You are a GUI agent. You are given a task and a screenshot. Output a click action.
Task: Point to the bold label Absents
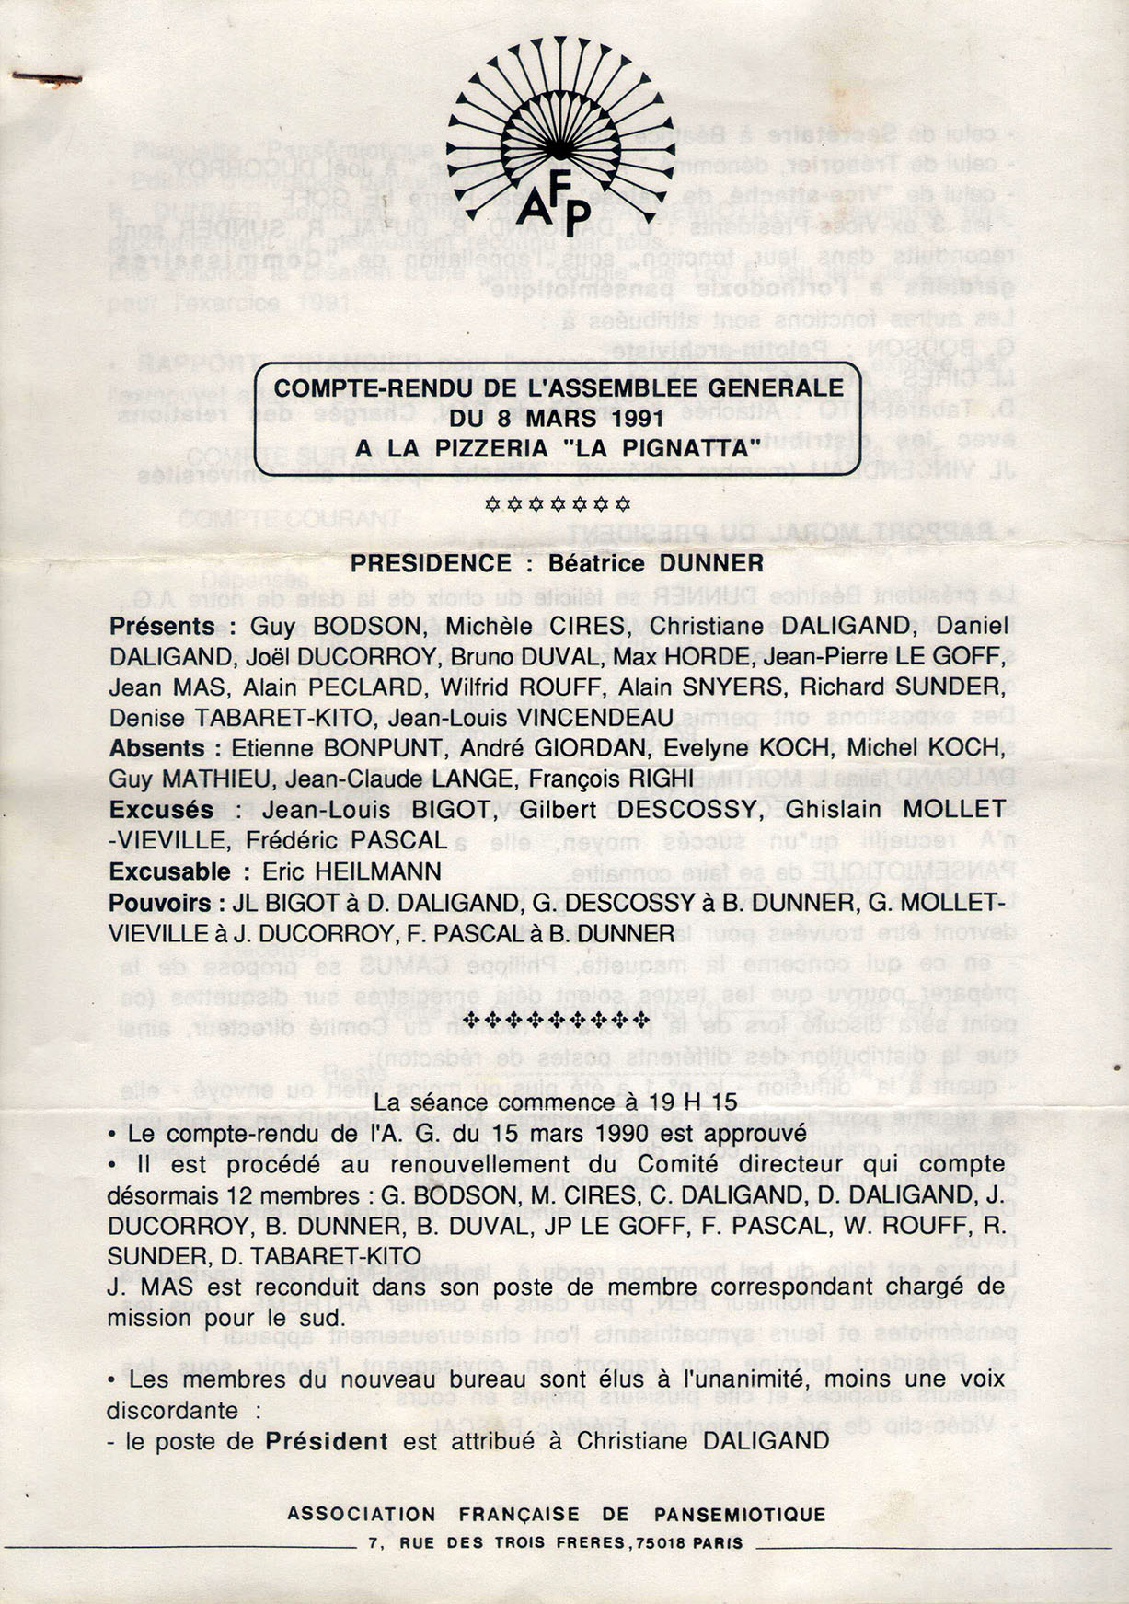coord(156,748)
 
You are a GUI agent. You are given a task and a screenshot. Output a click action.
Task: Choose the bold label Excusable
coord(170,871)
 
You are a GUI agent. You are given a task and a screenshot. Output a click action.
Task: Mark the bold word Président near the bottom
coord(327,1441)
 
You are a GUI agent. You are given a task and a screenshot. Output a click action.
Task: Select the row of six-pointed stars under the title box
coord(558,503)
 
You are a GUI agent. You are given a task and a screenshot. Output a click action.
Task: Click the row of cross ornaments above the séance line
coord(559,1020)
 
